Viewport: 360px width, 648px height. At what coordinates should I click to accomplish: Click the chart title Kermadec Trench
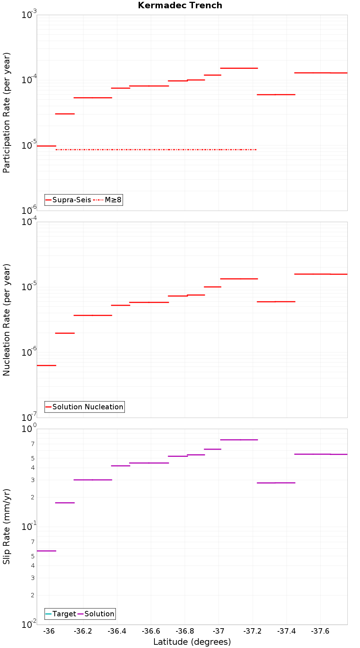[180, 5]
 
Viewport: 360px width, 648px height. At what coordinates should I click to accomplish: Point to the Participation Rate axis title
[6, 113]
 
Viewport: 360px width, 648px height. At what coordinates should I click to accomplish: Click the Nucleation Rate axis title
[6, 320]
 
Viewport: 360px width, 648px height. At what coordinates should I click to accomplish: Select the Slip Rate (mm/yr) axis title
[6, 526]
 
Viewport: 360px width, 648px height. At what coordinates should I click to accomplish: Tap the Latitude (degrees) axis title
[192, 642]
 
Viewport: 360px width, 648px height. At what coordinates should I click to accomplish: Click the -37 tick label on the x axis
[219, 631]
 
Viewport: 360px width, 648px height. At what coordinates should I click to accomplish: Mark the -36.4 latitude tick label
[117, 631]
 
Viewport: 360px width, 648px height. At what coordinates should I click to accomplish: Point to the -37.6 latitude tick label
[320, 631]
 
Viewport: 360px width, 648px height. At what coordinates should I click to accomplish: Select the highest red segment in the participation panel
[239, 68]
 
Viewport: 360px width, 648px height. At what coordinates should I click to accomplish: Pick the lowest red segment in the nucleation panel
[46, 365]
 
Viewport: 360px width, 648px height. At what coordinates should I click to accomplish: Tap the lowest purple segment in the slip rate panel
[46, 551]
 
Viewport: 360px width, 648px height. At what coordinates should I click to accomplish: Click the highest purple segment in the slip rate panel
[239, 440]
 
